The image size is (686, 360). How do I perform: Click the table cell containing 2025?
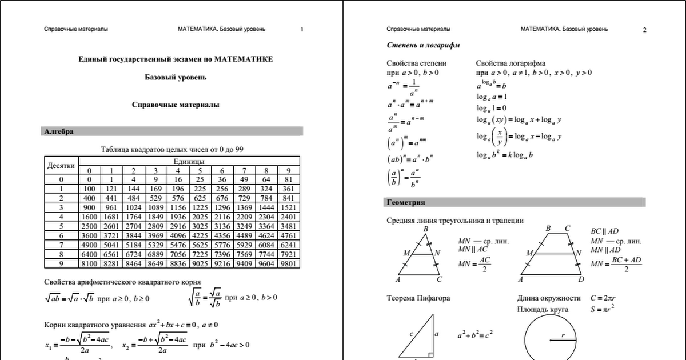200,217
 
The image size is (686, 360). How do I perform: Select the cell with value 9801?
289,263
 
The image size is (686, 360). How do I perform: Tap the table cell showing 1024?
133,207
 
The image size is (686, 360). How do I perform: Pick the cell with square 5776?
222,245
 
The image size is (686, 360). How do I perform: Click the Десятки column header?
61,166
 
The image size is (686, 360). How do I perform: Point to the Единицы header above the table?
188,162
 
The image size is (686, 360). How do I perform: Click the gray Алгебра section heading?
59,131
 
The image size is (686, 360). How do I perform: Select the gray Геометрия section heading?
405,202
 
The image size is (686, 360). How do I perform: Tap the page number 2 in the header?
644,30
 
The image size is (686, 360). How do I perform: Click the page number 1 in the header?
302,29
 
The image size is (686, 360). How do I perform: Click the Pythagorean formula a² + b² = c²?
475,334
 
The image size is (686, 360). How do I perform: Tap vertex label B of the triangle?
426,229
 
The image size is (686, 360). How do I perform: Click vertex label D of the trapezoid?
581,279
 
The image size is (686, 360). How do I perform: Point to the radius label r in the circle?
563,335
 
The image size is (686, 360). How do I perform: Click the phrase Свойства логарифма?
510,63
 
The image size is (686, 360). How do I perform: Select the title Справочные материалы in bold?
176,105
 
